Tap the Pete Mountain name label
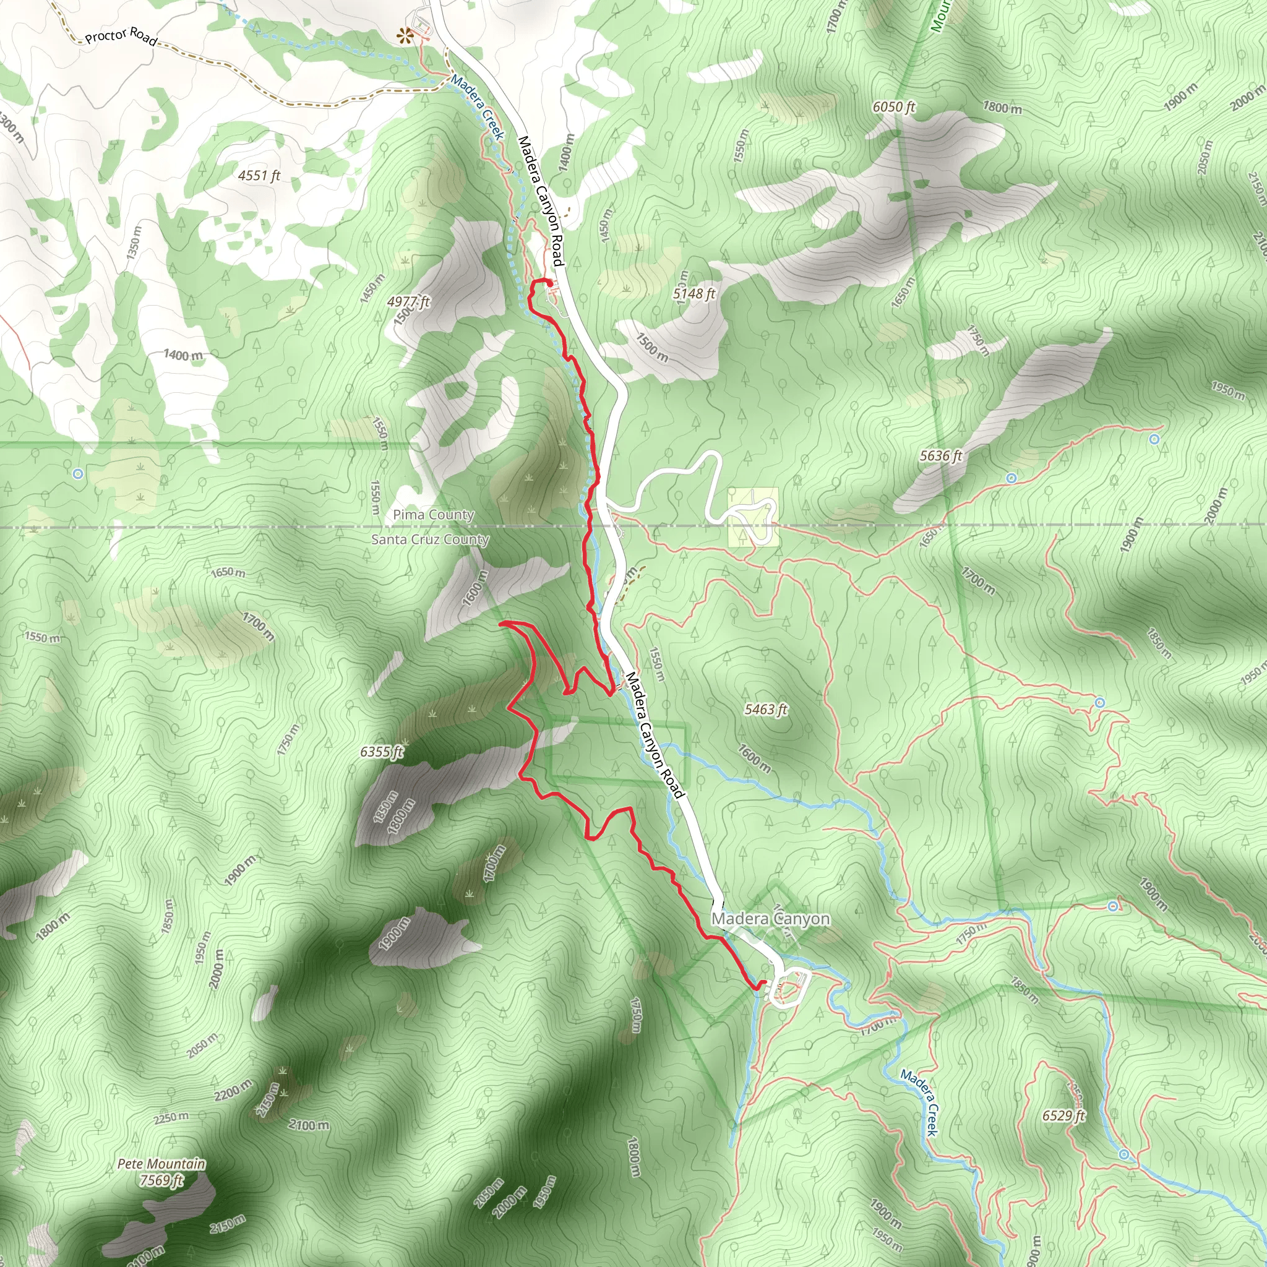(161, 1164)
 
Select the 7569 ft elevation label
(161, 1180)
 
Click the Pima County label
(434, 515)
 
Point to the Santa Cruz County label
(430, 539)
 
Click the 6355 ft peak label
(382, 752)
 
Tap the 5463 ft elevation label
(766, 709)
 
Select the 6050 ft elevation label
(894, 106)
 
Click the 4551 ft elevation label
(259, 175)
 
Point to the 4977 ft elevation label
(408, 302)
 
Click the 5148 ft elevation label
(695, 293)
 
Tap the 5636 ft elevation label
(941, 455)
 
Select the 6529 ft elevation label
(1063, 1115)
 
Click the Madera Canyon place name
(771, 919)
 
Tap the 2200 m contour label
(233, 1090)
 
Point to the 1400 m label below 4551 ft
(183, 356)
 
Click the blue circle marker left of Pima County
(78, 473)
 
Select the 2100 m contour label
(308, 1125)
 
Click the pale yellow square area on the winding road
(754, 517)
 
